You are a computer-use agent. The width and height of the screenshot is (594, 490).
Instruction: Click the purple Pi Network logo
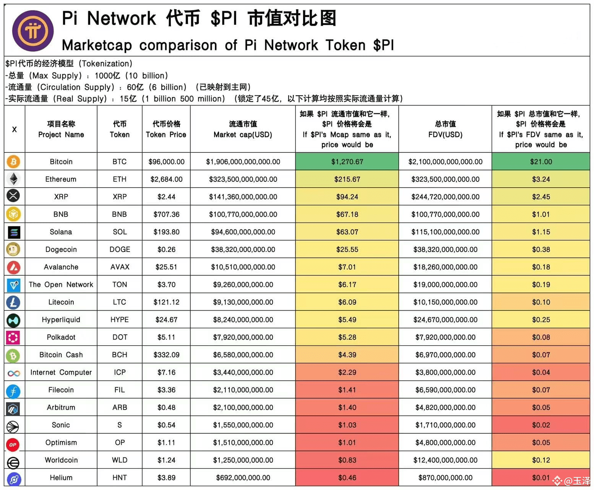[x=33, y=31]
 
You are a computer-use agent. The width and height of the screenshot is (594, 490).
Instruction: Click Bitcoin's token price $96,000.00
[x=166, y=162]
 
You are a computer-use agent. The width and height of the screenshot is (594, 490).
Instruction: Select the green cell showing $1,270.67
[x=347, y=162]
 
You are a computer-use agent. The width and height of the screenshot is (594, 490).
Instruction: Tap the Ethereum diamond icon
[x=13, y=179]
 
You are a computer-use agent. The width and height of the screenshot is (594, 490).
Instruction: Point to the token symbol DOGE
[x=120, y=249]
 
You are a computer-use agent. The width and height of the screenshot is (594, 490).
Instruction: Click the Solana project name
[x=61, y=232]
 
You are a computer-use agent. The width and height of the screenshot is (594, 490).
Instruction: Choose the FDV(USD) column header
[x=445, y=129]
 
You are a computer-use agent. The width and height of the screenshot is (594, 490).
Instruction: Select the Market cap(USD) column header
[x=243, y=129]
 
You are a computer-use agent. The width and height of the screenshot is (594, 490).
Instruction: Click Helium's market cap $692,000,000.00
[x=243, y=477]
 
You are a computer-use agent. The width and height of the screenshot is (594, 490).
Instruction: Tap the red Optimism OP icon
[x=13, y=444]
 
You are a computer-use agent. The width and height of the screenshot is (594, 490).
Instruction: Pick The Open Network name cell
[x=61, y=284]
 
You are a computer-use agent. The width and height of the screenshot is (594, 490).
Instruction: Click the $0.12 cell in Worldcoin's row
[x=540, y=460]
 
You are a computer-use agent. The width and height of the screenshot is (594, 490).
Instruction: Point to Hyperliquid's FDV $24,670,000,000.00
[x=445, y=319]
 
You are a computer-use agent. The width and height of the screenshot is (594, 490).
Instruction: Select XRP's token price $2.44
[x=166, y=196]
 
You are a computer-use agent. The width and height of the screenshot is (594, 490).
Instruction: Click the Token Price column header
[x=166, y=129]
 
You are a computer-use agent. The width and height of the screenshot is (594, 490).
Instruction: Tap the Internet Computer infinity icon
[x=13, y=373]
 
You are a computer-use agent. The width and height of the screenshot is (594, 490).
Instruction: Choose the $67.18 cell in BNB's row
[x=347, y=214]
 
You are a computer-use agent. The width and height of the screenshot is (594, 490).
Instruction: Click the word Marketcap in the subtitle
[x=97, y=45]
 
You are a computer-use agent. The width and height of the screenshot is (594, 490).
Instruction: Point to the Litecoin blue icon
[x=13, y=302]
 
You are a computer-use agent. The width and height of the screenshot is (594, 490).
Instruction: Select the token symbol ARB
[x=120, y=407]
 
